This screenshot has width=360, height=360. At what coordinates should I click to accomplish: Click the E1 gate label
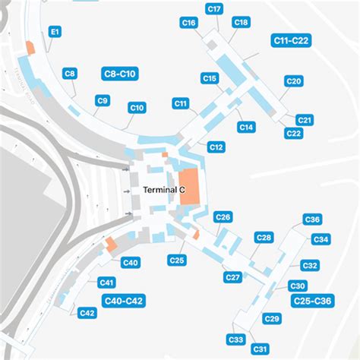(x=55, y=33)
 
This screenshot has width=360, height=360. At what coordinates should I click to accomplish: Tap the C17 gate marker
(x=214, y=9)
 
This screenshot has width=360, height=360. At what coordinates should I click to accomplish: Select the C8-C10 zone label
(x=118, y=74)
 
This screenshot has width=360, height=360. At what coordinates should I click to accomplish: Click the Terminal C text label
(x=164, y=189)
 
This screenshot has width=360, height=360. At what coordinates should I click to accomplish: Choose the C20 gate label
(x=294, y=81)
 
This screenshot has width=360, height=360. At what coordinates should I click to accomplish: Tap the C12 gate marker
(x=216, y=147)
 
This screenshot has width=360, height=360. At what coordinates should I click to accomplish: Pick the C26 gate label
(x=223, y=217)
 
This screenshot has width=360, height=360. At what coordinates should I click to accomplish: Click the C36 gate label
(x=311, y=220)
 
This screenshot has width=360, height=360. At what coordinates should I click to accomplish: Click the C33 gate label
(x=235, y=339)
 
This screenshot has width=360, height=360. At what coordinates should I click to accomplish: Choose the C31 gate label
(x=261, y=349)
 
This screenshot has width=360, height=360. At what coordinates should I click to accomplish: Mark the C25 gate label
(x=177, y=261)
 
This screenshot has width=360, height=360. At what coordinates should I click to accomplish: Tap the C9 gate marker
(x=103, y=100)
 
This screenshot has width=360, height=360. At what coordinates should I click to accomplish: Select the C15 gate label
(x=210, y=78)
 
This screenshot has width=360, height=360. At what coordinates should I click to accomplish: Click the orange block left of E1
(x=30, y=46)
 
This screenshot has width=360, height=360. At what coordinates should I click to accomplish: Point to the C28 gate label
(x=263, y=238)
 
